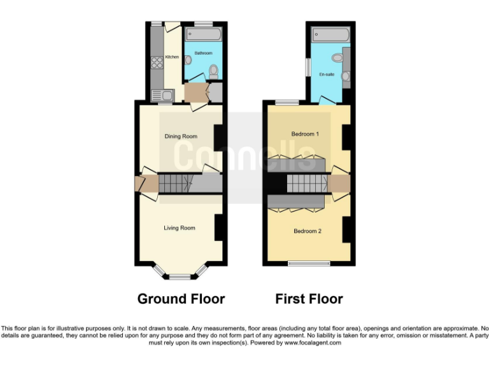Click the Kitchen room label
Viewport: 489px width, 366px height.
(x=171, y=57)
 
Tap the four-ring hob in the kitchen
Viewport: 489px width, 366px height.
(x=155, y=62)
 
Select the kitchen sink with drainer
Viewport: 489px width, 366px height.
(x=161, y=96)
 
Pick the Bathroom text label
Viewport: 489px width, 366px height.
(x=203, y=53)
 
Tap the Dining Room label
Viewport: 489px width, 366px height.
(x=181, y=136)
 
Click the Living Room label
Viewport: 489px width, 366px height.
(x=179, y=227)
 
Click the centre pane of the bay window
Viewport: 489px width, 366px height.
(x=180, y=277)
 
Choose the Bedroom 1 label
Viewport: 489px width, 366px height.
(x=304, y=134)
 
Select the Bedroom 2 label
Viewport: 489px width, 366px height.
(x=307, y=231)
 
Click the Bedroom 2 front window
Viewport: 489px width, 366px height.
(x=309, y=263)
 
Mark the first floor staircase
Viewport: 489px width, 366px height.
(x=302, y=184)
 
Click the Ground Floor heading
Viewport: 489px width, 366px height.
(x=181, y=299)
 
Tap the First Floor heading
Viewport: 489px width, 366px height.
(x=309, y=299)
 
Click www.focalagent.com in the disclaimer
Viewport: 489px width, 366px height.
(x=309, y=342)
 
